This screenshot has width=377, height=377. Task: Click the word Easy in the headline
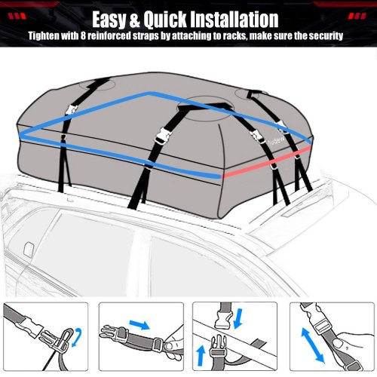click(x=109, y=20)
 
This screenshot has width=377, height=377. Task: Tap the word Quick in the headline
click(x=165, y=19)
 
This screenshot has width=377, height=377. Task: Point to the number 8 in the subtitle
click(x=83, y=36)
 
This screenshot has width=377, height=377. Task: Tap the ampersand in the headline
click(x=135, y=20)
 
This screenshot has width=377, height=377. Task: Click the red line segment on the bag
click(x=266, y=162)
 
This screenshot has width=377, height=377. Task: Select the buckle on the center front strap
click(x=163, y=136)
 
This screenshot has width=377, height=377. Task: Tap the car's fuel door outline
click(x=29, y=250)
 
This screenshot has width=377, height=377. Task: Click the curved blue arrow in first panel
click(x=78, y=337)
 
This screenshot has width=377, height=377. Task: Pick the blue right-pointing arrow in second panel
click(x=139, y=324)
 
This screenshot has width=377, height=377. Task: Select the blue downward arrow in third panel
click(x=238, y=319)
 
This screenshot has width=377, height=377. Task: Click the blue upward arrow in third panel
click(x=201, y=355)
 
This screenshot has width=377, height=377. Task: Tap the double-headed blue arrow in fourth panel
click(x=312, y=345)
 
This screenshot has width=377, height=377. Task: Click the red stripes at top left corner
click(x=17, y=17)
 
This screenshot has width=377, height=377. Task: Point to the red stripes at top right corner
click(x=357, y=17)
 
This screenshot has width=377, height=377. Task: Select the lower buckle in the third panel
click(x=218, y=348)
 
